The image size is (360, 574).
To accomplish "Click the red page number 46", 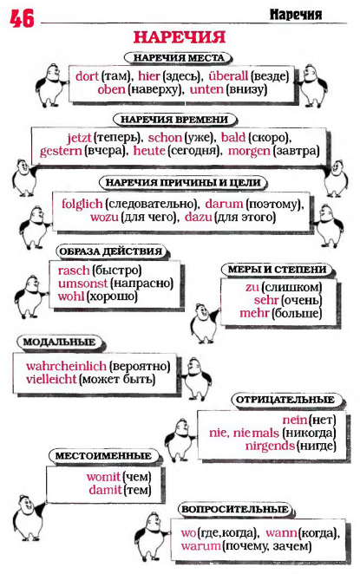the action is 22,18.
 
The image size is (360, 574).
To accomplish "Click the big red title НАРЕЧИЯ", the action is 180,37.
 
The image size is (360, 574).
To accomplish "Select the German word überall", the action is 228,76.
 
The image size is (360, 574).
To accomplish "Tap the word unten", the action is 206,89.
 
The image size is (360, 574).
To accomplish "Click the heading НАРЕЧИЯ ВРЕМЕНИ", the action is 174,120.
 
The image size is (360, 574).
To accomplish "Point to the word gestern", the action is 61,151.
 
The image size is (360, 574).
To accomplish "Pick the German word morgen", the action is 249,151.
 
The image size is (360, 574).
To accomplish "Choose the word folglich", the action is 82,204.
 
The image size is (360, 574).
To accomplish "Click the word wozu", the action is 104,217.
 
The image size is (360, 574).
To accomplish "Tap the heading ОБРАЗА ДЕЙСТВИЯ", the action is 110,251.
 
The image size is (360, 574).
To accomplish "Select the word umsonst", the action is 82,284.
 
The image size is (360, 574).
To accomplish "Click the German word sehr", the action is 266,300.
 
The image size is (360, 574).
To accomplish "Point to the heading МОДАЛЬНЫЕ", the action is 59,342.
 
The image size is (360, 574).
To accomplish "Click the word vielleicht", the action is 51,379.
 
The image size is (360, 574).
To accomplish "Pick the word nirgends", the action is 270,446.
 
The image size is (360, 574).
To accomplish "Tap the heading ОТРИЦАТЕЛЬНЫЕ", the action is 285,400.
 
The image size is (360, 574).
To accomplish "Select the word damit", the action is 105,490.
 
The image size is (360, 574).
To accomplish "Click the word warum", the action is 200,546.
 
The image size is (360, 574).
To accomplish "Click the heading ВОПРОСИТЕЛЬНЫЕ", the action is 235,509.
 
